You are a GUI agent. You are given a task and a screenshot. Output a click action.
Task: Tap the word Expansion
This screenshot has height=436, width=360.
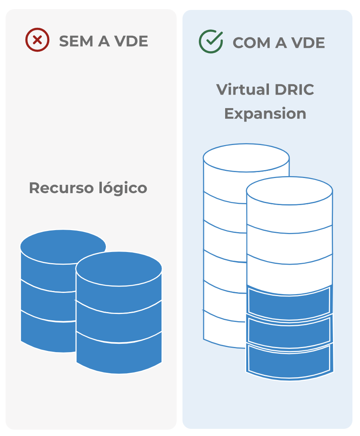tap(265, 114)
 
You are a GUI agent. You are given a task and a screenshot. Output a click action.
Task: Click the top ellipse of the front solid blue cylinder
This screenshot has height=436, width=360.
tap(119, 269)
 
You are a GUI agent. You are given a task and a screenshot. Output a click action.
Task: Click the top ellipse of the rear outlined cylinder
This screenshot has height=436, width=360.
tap(246, 158)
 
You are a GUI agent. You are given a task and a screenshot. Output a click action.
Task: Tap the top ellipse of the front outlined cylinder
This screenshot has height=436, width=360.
tap(289, 191)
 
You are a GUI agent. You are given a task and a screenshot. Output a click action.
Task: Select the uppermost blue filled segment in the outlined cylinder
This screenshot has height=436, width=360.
tap(289, 301)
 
